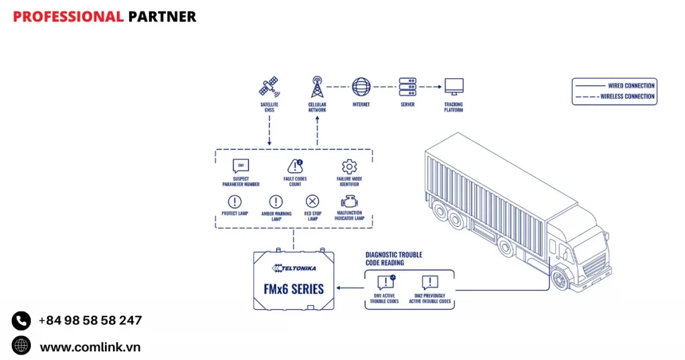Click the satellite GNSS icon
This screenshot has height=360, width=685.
click(269, 87)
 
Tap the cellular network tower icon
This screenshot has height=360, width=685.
click(317, 87)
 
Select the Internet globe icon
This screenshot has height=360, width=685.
click(361, 86)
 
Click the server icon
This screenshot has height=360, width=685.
click(407, 86)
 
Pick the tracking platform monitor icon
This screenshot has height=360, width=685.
click(454, 86)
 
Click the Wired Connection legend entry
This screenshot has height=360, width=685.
click(614, 86)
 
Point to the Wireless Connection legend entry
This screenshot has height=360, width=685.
click(614, 97)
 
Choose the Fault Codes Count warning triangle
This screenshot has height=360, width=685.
click(295, 166)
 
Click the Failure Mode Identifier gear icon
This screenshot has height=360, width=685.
click(349, 167)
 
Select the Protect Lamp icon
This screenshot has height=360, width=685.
click(235, 201)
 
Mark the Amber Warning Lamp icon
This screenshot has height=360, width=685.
click(276, 201)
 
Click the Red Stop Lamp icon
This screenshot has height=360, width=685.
click(312, 201)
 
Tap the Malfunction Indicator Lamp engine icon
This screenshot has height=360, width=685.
click(349, 201)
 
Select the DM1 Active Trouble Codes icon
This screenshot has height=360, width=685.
click(385, 282)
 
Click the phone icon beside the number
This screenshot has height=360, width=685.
click(21, 321)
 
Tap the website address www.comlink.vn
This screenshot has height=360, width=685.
click(90, 347)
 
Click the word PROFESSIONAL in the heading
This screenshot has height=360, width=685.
click(68, 17)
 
